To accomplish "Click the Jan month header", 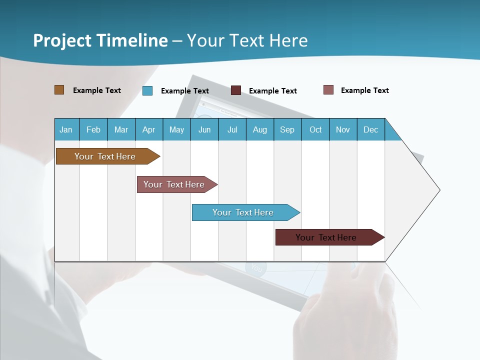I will pyautogui.click(x=66, y=129).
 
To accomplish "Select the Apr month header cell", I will pyautogui.click(x=149, y=129).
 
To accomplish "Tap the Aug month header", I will pyautogui.click(x=260, y=129).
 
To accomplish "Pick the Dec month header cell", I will pyautogui.click(x=371, y=129).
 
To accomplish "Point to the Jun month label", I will pyautogui.click(x=204, y=129).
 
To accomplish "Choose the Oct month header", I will pyautogui.click(x=315, y=129).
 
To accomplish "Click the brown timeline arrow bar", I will pyautogui.click(x=105, y=156).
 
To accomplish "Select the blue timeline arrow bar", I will pyautogui.click(x=243, y=212).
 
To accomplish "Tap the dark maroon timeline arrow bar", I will pyautogui.click(x=326, y=237).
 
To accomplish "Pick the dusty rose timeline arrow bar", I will pyautogui.click(x=174, y=184).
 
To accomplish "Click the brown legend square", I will pyautogui.click(x=59, y=90).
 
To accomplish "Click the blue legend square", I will pyautogui.click(x=147, y=90).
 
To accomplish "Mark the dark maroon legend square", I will pyautogui.click(x=236, y=90).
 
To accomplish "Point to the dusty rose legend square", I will pyautogui.click(x=328, y=90).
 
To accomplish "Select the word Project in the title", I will pyautogui.click(x=62, y=40).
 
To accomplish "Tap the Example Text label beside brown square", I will pyautogui.click(x=97, y=90).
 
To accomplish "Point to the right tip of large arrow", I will pyautogui.click(x=438, y=189).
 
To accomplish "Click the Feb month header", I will pyautogui.click(x=93, y=129).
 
